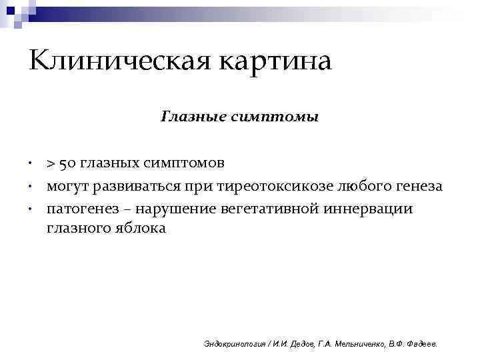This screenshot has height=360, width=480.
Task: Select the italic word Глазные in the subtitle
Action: tap(186, 117)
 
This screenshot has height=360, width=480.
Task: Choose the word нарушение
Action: tap(178, 209)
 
